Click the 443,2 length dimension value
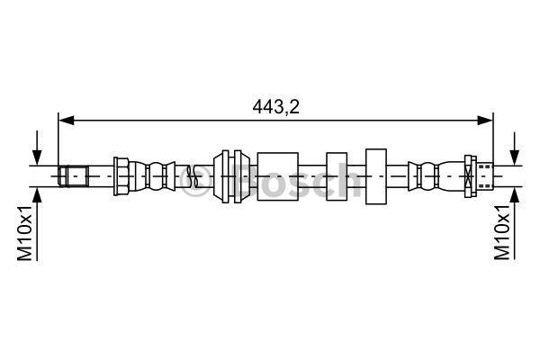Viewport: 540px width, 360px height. (x=275, y=107)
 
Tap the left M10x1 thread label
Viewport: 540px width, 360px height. (x=25, y=232)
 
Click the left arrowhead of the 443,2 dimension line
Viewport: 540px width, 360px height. (x=67, y=121)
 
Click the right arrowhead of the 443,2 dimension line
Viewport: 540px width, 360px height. (x=485, y=121)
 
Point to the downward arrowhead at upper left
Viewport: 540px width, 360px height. (x=37, y=157)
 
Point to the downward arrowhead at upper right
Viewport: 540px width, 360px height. (x=515, y=157)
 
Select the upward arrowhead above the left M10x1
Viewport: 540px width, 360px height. (x=37, y=195)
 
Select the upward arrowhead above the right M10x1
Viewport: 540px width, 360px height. (x=515, y=195)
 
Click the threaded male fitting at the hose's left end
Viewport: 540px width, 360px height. (x=74, y=176)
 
